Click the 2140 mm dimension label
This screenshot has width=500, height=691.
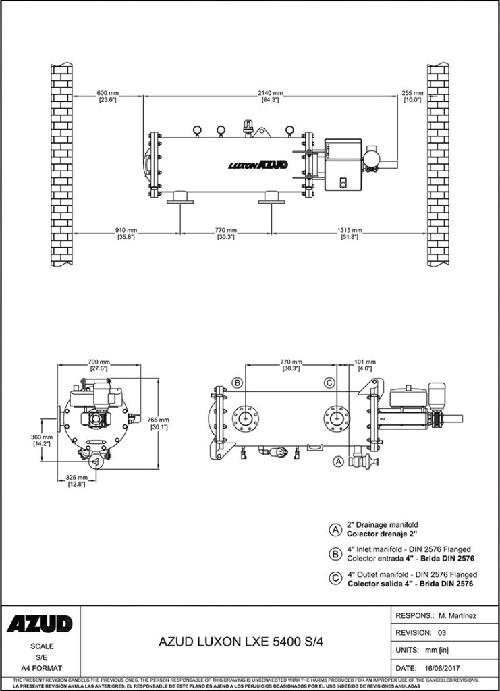[x=271, y=92]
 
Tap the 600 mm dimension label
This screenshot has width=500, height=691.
[x=108, y=92]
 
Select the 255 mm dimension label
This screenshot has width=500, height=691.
[x=412, y=92]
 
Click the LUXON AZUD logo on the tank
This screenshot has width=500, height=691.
[x=258, y=164]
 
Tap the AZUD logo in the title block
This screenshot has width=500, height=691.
[x=40, y=624]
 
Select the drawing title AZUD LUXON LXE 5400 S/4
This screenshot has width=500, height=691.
[x=241, y=643]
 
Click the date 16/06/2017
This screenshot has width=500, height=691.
[x=456, y=667]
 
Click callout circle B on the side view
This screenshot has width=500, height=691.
[x=237, y=383]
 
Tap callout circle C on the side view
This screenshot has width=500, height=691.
[x=329, y=383]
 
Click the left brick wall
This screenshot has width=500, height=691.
[x=62, y=165]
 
